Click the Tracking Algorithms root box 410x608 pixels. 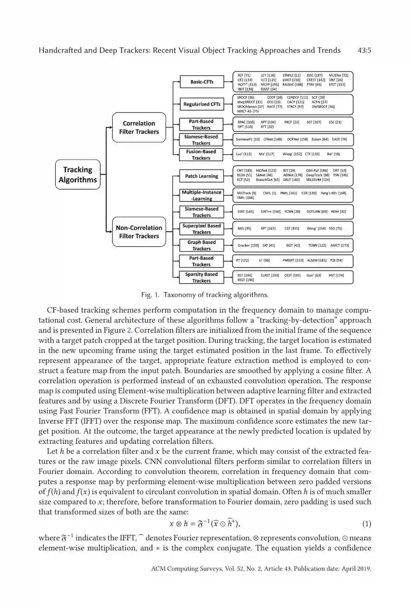coord(78,174)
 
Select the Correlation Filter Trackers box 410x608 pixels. coord(139,127)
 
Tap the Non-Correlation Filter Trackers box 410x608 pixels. coord(139,232)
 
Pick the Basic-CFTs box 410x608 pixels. coord(202,82)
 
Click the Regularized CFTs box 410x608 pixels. coord(202,104)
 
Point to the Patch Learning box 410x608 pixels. coord(201,176)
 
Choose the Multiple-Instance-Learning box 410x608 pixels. coord(201,195)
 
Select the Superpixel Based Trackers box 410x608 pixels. coord(201,229)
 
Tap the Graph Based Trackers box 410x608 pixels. coord(201,245)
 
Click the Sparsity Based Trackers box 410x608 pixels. coord(201,277)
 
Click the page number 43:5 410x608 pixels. coord(364,51)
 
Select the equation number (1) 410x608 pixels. coord(366,524)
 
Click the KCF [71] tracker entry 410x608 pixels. coord(244,76)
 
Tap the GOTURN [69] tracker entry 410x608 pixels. coord(317,212)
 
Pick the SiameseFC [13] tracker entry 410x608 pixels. coord(248,139)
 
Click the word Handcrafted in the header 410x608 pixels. coord(60,51)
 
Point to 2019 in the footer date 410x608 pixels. coord(364,569)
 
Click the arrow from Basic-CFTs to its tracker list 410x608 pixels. coord(228,82)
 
